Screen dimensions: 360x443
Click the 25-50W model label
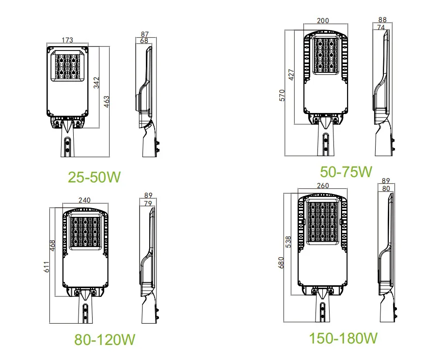94,177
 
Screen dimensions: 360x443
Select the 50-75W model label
346,171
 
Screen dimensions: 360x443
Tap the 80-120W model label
104,338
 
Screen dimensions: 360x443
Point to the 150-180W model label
344,337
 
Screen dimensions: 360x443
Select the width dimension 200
323,21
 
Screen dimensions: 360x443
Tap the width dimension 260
322,185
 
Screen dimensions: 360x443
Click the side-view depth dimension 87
144,34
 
